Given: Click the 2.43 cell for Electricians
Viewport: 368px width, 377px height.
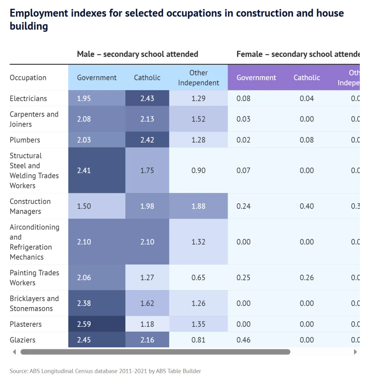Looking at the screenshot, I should tap(147, 98).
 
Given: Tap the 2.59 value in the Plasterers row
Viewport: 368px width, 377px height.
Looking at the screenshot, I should tap(84, 324).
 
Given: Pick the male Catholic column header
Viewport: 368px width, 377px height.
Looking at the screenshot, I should tap(147, 77).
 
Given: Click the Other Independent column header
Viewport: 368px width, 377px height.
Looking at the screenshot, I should tap(199, 78).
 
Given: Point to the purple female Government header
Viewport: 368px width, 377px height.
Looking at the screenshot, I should tap(256, 77).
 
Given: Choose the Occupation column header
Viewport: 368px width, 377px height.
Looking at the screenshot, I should tap(28, 77).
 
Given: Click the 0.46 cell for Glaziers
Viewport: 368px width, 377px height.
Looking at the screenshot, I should tap(244, 340).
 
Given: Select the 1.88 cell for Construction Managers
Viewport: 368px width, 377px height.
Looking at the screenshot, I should tap(199, 206).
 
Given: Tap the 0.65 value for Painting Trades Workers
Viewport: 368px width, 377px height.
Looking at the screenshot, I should tap(199, 277).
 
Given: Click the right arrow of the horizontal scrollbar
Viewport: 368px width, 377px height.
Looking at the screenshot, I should tap(355, 352).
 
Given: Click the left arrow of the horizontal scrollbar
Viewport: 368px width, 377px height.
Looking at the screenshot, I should tap(14, 352).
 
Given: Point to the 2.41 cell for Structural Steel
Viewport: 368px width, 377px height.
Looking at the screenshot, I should tap(84, 170).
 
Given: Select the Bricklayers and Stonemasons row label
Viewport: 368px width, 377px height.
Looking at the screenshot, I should tap(34, 303).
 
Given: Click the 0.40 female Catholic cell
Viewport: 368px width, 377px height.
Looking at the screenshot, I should tap(307, 206).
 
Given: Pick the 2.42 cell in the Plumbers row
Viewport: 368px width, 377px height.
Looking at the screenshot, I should tap(147, 140).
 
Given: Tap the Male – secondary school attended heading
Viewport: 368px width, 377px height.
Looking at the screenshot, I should tap(137, 54).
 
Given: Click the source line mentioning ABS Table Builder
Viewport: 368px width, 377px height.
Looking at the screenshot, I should tap(106, 371).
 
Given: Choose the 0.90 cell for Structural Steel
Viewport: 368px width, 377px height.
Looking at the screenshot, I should tap(199, 170).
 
